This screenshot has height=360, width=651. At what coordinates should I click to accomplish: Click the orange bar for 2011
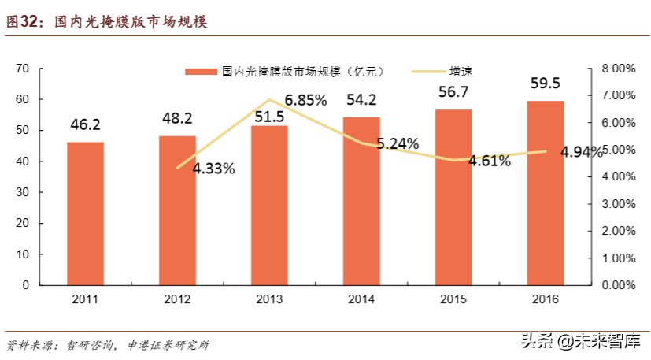click(85, 213)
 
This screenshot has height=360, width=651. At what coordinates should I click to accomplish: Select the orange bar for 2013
click(269, 205)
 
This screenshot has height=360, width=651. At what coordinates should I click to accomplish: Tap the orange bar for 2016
click(545, 192)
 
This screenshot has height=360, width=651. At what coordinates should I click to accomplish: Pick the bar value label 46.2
click(85, 124)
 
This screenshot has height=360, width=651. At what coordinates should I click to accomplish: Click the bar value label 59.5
click(545, 84)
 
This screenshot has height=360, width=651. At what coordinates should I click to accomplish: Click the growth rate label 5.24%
click(397, 144)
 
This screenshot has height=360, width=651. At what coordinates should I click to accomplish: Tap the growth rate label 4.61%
click(489, 161)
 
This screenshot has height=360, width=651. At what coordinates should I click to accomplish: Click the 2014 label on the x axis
click(361, 299)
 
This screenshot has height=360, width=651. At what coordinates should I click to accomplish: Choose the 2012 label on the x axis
click(177, 299)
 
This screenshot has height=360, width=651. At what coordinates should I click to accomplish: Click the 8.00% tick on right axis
click(617, 69)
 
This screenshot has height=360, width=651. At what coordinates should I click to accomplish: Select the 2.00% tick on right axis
click(617, 231)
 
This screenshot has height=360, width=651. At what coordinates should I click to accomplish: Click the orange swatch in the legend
click(202, 72)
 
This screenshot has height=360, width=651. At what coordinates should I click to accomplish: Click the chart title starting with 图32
click(105, 23)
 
